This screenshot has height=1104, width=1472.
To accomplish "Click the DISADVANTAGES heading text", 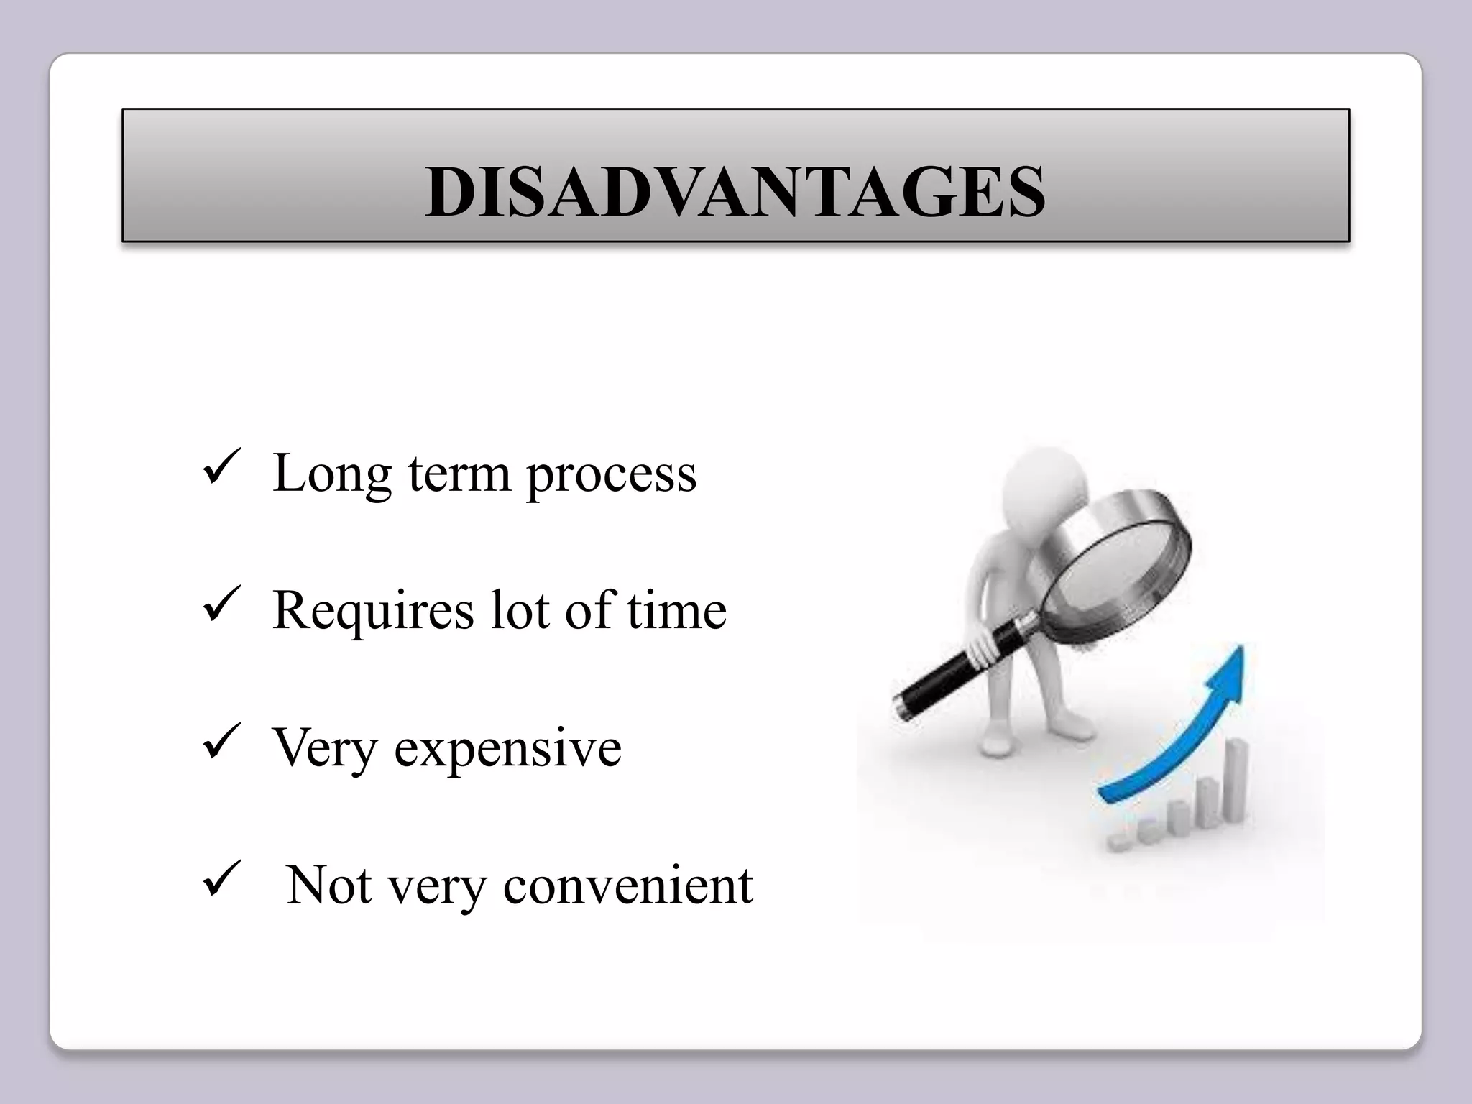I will pos(735,192).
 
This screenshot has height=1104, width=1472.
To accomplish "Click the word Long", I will pos(331,474).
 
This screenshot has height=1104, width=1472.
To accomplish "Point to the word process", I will pos(612,476).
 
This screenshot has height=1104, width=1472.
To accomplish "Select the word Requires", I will pos(373,612).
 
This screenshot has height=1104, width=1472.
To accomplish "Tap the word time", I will pos(676,611).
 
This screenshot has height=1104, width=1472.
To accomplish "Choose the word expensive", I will pos(507,750).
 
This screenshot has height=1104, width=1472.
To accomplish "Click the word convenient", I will pos(627,885).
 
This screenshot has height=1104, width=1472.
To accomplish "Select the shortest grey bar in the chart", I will pos(1118,842).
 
